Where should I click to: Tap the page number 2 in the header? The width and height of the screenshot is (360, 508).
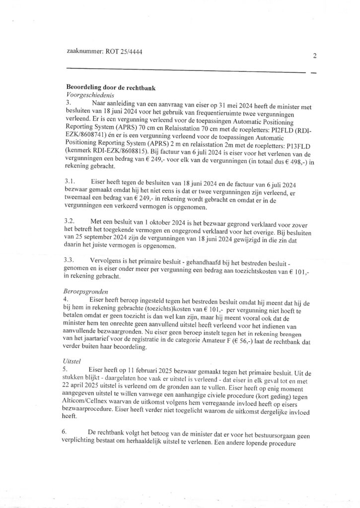coord(315,56)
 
